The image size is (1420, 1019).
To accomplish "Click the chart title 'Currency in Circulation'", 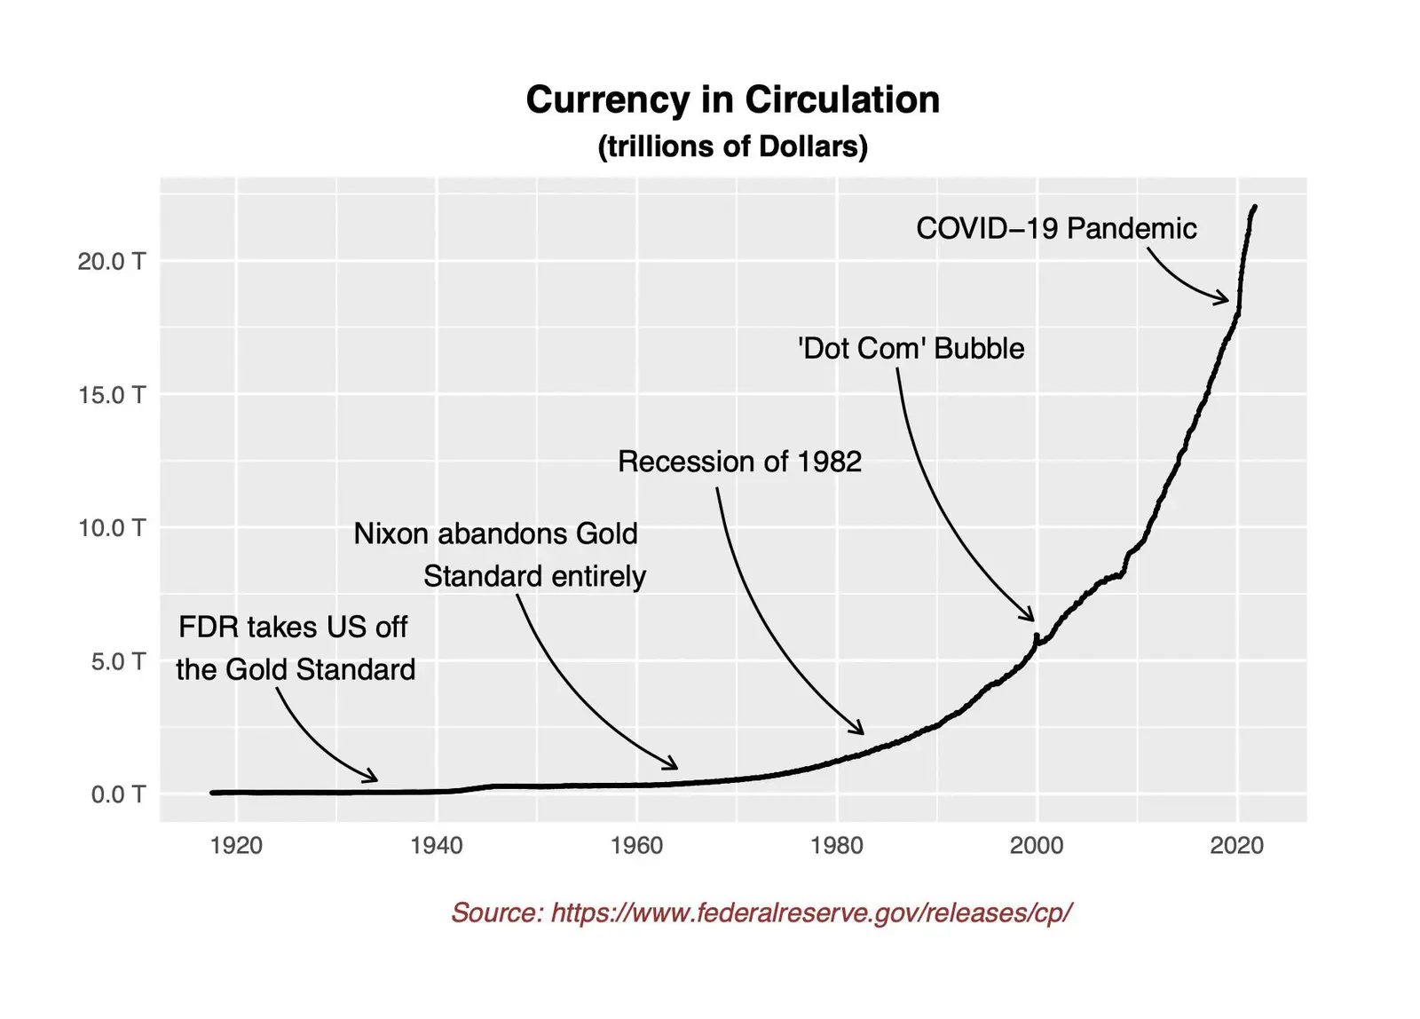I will click(x=732, y=99).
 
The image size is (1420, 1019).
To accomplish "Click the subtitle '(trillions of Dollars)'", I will click(x=732, y=146).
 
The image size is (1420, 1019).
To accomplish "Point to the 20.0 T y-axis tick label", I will click(x=111, y=261).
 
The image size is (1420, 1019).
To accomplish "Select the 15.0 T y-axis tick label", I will click(x=111, y=395).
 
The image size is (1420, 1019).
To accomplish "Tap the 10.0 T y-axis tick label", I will click(x=111, y=528).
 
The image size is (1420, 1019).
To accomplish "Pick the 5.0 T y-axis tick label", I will click(x=117, y=661).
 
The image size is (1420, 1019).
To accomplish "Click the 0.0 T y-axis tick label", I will click(x=117, y=794).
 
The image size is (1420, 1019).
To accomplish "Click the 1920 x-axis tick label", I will click(x=236, y=845).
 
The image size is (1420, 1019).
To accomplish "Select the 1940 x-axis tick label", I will click(x=436, y=845).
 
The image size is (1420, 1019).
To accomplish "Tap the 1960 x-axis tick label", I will click(x=636, y=845).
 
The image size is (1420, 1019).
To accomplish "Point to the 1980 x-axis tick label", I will click(x=836, y=845).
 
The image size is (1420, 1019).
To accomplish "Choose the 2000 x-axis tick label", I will click(x=1037, y=845).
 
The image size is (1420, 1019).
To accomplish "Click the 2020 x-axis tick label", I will click(x=1236, y=845).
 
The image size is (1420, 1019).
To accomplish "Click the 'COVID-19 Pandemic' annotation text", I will click(x=1056, y=229).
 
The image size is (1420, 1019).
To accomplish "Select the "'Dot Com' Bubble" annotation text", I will click(x=911, y=348).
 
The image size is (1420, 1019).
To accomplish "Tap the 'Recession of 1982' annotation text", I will click(x=739, y=462).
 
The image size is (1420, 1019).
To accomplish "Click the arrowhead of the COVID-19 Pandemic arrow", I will click(x=1226, y=300).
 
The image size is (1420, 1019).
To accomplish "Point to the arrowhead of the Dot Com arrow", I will click(x=1030, y=617).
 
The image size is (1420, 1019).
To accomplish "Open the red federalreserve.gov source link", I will click(x=761, y=912).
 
